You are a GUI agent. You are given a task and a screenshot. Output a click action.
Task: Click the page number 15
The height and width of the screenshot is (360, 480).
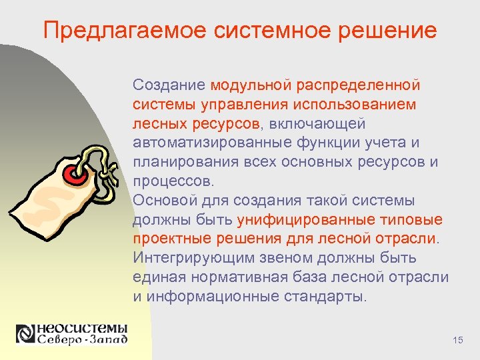tap(457, 341)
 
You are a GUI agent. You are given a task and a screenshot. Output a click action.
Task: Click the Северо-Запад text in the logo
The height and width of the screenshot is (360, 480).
tap(81, 340)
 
